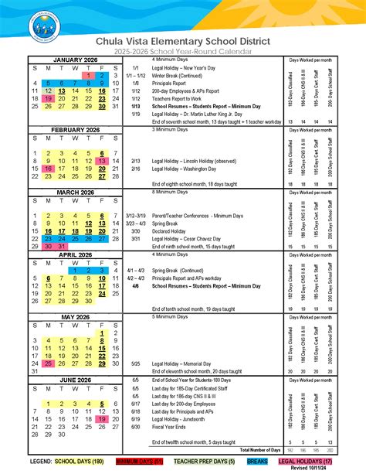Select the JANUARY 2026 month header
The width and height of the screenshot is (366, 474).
(x=71, y=60)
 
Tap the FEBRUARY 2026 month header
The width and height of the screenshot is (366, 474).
(x=71, y=130)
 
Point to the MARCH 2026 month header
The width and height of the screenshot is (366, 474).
(x=71, y=193)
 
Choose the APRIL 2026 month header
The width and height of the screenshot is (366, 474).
(x=71, y=254)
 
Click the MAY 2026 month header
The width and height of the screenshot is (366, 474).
(x=71, y=317)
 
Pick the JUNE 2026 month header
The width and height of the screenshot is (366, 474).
(x=71, y=380)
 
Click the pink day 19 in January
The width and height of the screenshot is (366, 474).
(x=49, y=98)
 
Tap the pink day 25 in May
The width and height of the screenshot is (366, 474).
(x=49, y=363)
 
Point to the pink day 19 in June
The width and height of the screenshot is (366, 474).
(x=103, y=418)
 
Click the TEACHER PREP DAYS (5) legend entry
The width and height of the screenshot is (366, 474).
(x=197, y=461)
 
